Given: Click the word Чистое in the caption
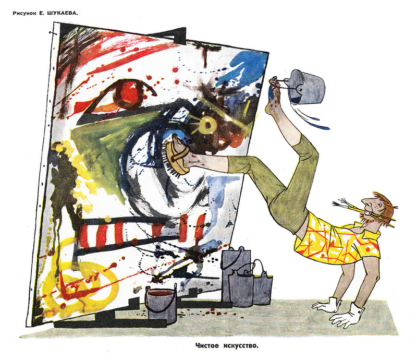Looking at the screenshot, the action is pos(207,345).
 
